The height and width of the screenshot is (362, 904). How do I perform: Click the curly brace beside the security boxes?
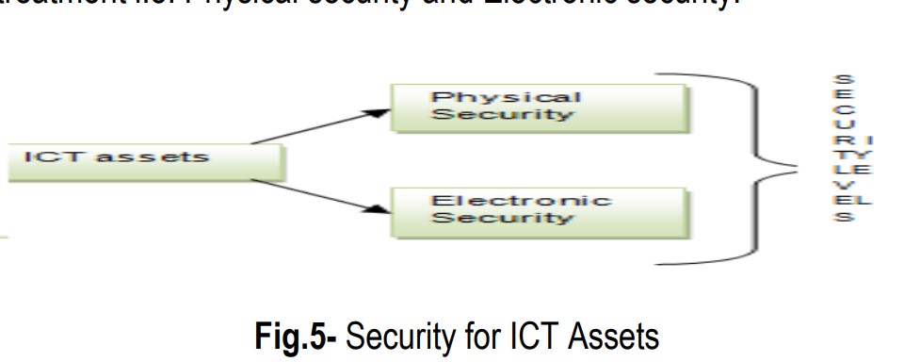pos(758,166)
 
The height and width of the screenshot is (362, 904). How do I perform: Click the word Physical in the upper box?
pos(506,97)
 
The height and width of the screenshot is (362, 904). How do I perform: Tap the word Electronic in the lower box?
pos(521,200)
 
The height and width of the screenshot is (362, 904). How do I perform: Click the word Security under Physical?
pos(502,115)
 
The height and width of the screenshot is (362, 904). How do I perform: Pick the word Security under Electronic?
pos(502,218)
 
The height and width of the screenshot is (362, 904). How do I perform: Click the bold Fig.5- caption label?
pos(296,337)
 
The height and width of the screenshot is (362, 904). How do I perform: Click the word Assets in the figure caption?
pos(605,337)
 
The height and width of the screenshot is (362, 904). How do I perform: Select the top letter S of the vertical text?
pos(846,80)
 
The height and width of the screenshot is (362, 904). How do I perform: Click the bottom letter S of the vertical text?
pos(846,218)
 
